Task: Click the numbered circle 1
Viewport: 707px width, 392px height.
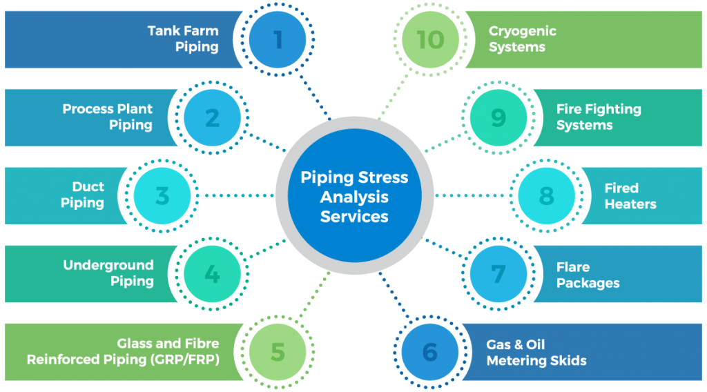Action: (x=278, y=39)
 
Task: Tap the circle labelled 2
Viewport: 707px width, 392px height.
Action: (x=212, y=118)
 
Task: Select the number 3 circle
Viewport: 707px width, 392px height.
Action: (x=162, y=196)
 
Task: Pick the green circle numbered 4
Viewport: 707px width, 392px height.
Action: (x=212, y=274)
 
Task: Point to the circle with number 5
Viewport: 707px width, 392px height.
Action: (x=278, y=352)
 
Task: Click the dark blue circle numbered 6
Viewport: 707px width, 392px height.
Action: (x=430, y=352)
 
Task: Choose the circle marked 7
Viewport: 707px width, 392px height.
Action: (x=498, y=274)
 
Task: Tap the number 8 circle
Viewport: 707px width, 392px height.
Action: (x=546, y=196)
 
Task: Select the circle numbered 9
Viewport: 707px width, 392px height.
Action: (x=498, y=118)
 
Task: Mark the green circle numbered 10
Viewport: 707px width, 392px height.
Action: (x=430, y=39)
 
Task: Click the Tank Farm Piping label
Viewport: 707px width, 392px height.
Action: (x=183, y=39)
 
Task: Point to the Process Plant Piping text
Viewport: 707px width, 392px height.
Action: (x=108, y=117)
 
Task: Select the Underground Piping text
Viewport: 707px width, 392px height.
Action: (x=108, y=273)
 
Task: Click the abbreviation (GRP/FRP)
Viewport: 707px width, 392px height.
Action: (x=184, y=360)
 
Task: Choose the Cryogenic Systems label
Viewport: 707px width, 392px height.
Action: (x=522, y=39)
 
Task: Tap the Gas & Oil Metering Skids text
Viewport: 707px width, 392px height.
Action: (x=536, y=352)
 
